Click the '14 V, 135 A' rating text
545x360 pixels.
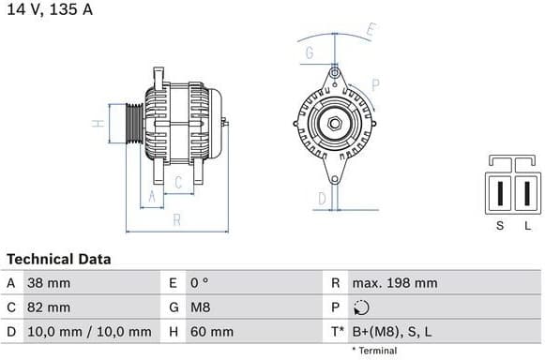pyautogui.click(x=51, y=10)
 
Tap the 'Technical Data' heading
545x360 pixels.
pyautogui.click(x=59, y=259)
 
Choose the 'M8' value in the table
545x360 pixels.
pyautogui.click(x=199, y=307)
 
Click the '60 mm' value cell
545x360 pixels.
pyautogui.click(x=211, y=331)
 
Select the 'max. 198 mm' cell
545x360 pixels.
pyautogui.click(x=395, y=282)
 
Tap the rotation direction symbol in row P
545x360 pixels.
pyautogui.click(x=362, y=307)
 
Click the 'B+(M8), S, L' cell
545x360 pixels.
pyautogui.click(x=392, y=331)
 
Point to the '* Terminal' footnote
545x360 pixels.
pyautogui.click(x=374, y=351)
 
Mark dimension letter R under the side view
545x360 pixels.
pyautogui.click(x=176, y=221)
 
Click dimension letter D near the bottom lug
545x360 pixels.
pyautogui.click(x=321, y=199)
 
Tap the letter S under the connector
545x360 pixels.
pyautogui.click(x=500, y=225)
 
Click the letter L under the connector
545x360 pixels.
pyautogui.click(x=527, y=225)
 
